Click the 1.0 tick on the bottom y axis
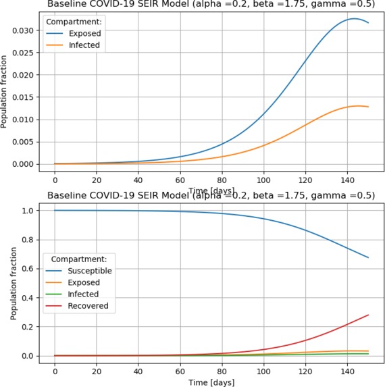coord(28,211)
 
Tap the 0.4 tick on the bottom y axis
coord(28,298)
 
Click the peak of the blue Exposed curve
coord(355,19)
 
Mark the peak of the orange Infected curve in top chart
coord(359,106)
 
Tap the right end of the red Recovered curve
coord(368,315)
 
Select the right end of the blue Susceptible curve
coord(368,257)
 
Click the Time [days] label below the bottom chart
coord(211,382)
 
